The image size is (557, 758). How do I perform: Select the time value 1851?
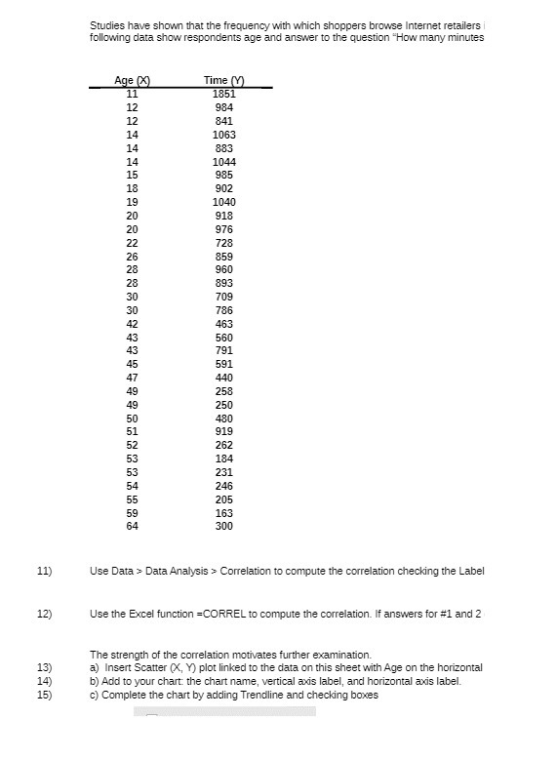click(223, 94)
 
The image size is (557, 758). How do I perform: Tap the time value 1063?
click(223, 135)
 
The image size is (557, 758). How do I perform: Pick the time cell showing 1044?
click(223, 161)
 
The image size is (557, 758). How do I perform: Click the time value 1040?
click(223, 202)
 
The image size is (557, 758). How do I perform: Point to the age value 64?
click(132, 526)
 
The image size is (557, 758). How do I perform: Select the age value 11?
click(132, 94)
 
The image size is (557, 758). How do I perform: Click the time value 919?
click(223, 431)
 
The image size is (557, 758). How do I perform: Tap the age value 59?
click(132, 512)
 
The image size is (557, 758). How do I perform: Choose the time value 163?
click(223, 512)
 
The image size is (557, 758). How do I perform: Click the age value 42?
click(132, 324)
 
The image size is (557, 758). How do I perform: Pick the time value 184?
click(223, 459)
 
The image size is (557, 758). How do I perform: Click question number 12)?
click(42, 614)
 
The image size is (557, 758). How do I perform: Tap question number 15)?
click(42, 695)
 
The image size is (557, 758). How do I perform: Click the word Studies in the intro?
click(105, 23)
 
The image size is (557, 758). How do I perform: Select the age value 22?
click(132, 243)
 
